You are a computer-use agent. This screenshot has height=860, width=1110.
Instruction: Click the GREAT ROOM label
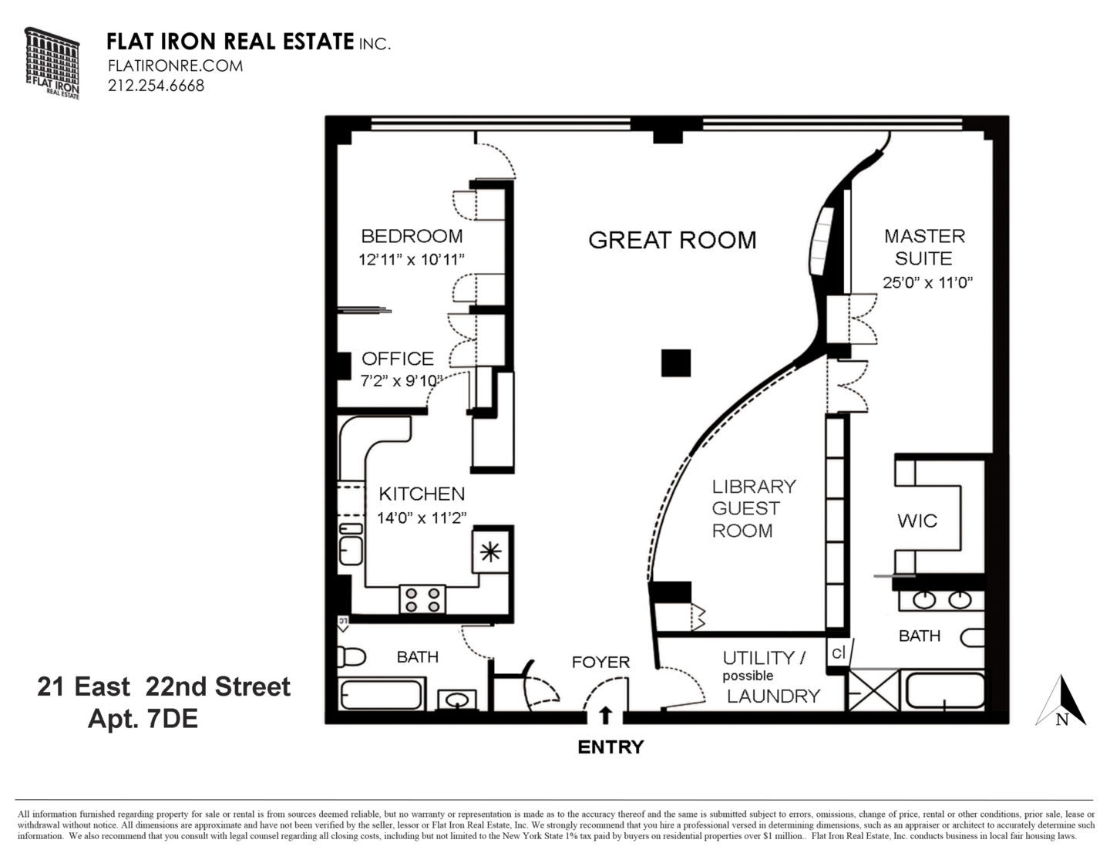point(672,240)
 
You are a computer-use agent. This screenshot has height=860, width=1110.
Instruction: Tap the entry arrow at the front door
point(606,716)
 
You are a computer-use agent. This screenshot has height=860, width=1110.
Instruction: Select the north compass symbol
point(1061,702)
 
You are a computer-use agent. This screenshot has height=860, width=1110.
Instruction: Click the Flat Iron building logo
point(52,62)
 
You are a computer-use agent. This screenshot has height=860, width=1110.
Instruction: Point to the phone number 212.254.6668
point(156,86)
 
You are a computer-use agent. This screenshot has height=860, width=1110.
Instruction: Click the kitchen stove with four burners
point(422,599)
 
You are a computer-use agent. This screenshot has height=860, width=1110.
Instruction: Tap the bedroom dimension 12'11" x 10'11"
point(412,259)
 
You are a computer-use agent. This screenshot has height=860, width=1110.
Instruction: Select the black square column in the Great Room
point(675,363)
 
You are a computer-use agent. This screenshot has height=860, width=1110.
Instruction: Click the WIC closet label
point(917,521)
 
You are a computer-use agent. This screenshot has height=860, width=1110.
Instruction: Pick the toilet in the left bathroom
point(351,656)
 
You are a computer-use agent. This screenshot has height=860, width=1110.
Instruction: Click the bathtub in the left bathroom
point(382,694)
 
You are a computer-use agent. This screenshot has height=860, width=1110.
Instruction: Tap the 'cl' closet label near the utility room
point(838,652)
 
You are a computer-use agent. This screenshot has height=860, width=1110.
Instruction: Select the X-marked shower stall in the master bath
point(873,690)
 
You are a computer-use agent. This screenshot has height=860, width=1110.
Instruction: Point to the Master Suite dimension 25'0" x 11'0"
point(928,282)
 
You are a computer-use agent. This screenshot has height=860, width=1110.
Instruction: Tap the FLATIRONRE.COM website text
point(175,66)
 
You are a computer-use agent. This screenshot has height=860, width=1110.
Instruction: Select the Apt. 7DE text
point(143,719)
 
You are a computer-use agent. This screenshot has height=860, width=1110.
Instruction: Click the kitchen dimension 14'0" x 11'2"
point(422,518)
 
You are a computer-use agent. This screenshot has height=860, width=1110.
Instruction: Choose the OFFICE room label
point(398,359)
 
